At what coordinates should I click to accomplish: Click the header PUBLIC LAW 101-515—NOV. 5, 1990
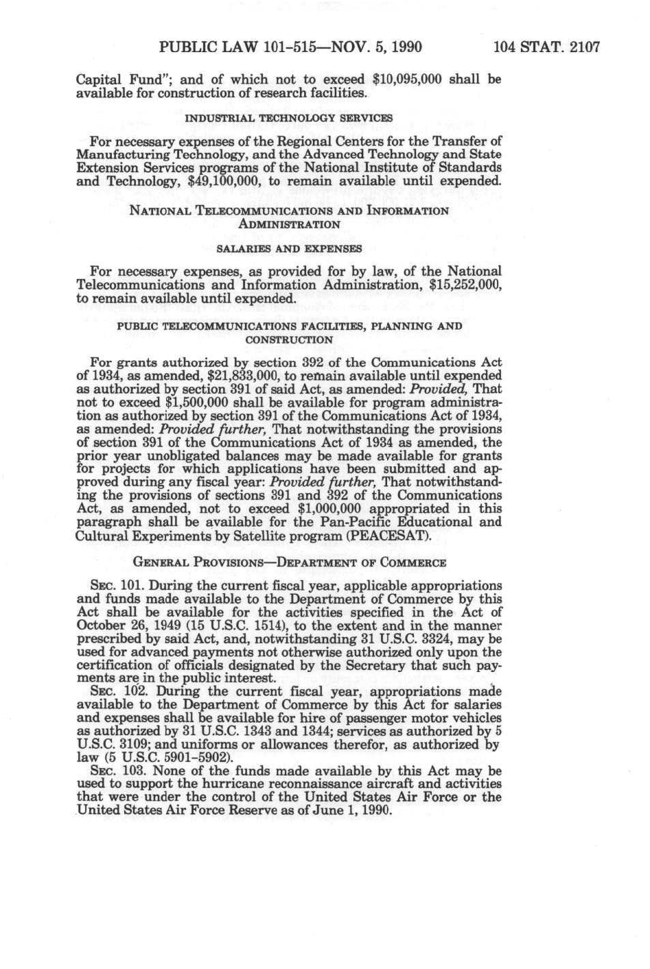click(x=290, y=47)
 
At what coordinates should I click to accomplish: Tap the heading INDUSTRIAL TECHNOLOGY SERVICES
click(x=289, y=118)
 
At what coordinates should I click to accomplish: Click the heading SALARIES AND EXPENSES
click(x=289, y=248)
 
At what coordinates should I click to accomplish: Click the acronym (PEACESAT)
click(x=392, y=536)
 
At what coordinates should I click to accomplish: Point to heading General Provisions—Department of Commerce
click(x=289, y=563)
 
